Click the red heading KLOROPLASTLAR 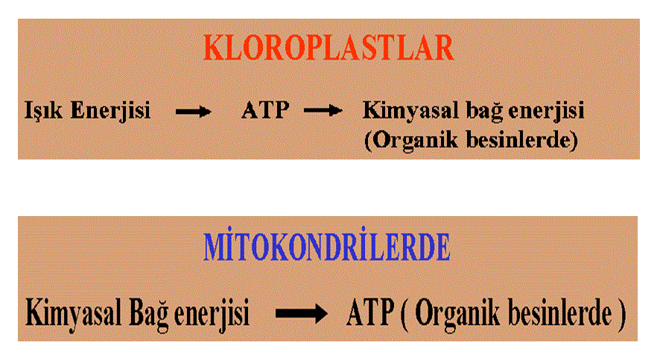[329, 48]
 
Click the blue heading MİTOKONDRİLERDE [326, 246]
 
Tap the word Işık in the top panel [43, 111]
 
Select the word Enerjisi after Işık [110, 111]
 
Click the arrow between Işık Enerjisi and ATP [193, 112]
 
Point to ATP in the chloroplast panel [265, 110]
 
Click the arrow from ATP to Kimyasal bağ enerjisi [323, 111]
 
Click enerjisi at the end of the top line [546, 111]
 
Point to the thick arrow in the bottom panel [302, 313]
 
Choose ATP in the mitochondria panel [371, 313]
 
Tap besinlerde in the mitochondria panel [560, 313]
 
